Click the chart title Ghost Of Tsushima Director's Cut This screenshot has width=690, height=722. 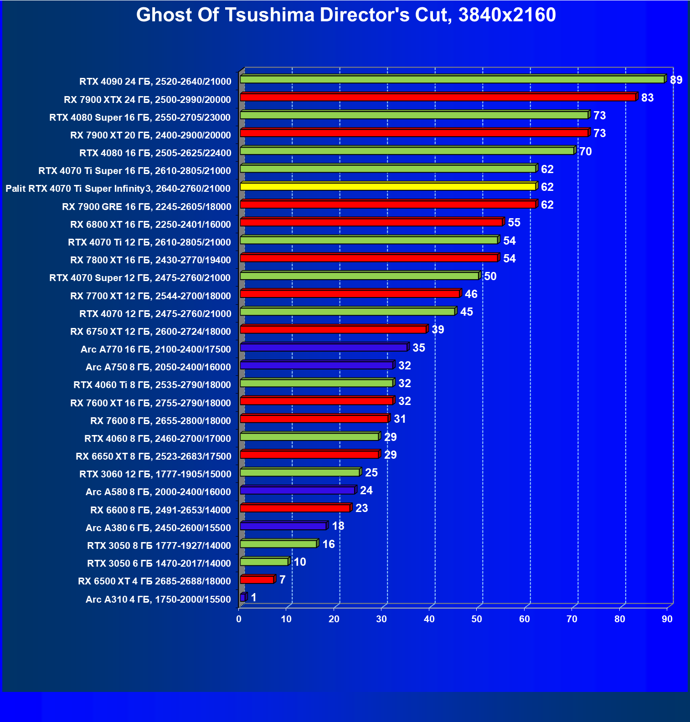click(345, 15)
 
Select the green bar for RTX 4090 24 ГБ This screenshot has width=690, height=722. click(452, 80)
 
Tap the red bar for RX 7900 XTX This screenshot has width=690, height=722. click(438, 97)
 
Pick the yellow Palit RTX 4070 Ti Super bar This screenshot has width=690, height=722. click(387, 187)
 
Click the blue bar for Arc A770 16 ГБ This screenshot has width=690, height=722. click(324, 348)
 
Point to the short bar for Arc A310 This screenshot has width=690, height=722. click(243, 597)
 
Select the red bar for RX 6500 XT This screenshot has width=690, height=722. click(257, 579)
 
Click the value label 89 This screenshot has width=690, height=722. click(676, 80)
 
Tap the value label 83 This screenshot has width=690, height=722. click(647, 98)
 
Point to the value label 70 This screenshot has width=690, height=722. click(585, 152)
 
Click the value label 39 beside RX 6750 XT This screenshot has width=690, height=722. click(438, 330)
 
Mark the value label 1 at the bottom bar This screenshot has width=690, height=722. click(254, 598)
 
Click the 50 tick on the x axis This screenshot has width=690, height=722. click(477, 619)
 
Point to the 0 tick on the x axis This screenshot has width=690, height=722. click(239, 619)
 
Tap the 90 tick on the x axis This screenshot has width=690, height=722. click(667, 619)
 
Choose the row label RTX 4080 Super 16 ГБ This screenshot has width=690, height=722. click(140, 118)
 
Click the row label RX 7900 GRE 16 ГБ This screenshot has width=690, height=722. click(146, 207)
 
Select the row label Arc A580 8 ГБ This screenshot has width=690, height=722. click(158, 492)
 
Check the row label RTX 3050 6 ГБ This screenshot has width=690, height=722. click(159, 563)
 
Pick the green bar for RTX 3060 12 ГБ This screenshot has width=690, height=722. click(300, 472)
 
